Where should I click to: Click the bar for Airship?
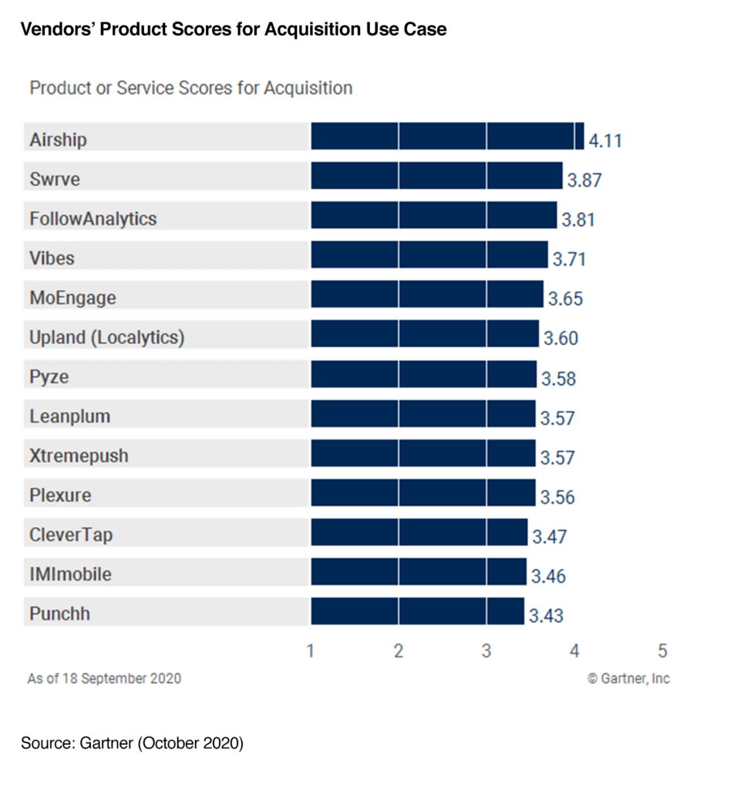[447, 136]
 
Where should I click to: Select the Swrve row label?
[55, 179]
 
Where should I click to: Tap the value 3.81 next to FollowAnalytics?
[578, 220]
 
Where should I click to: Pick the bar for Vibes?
[429, 255]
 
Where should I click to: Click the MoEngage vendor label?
[72, 298]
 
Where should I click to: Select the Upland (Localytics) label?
[106, 337]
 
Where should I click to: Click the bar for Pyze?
[423, 374]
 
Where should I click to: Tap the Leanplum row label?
[69, 417]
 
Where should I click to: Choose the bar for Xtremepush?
[422, 453]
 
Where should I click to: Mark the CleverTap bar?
[419, 532]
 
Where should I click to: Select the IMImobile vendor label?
[70, 575]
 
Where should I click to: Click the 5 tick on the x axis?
[662, 650]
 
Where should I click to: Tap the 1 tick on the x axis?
[311, 650]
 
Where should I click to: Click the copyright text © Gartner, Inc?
[628, 678]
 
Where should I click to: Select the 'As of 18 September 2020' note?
[104, 679]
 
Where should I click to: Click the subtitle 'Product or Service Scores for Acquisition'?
[190, 88]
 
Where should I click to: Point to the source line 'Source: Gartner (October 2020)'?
[132, 744]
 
